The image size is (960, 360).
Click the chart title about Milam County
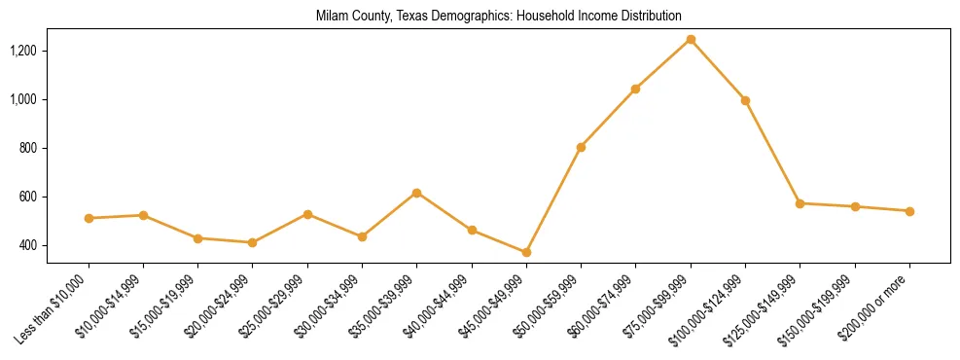point(499,17)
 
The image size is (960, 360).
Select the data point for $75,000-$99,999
point(691,40)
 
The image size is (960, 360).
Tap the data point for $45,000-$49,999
point(526,252)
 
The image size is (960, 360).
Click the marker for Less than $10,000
point(89,218)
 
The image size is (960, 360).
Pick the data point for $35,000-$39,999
point(416,193)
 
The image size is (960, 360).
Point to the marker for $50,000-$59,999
point(581,147)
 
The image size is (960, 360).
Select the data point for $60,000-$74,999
point(635,89)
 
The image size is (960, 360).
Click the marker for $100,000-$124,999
point(745,100)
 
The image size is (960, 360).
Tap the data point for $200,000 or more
point(909,211)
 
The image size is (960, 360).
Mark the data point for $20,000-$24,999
point(252,242)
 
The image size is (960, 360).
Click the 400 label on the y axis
point(54,245)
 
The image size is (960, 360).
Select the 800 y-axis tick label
point(54,148)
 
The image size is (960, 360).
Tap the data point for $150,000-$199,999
point(855,206)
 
